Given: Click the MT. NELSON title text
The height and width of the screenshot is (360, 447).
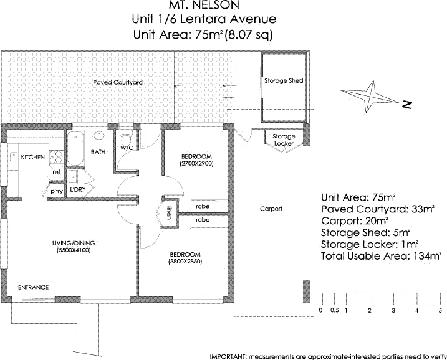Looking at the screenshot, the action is coord(203,8).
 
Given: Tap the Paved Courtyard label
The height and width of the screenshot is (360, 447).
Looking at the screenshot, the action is coord(118,82).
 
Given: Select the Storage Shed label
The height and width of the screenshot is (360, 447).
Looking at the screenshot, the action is coord(284,81).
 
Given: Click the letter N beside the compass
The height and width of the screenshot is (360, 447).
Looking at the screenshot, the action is coord(407,104).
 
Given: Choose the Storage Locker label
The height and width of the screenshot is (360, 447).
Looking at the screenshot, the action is coord(284,140).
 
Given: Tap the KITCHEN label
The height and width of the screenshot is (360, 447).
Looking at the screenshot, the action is coord(32,158).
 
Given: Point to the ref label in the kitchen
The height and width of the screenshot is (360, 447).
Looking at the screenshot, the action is coord(55,172).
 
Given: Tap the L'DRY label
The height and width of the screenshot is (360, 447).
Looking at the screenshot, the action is coord(77,190).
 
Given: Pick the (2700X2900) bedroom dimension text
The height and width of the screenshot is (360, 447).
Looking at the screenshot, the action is coord(197,164).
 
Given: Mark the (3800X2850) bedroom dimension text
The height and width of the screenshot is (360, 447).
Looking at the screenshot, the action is coord(185,262).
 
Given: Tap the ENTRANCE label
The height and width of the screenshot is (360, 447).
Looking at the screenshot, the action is coord(33,288).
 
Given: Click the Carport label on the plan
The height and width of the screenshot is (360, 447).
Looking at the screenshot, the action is coord(271,209).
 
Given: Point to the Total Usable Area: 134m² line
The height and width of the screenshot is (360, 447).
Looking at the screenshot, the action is coord(381,256).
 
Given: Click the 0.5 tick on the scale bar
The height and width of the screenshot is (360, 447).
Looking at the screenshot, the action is coord(334,310).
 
